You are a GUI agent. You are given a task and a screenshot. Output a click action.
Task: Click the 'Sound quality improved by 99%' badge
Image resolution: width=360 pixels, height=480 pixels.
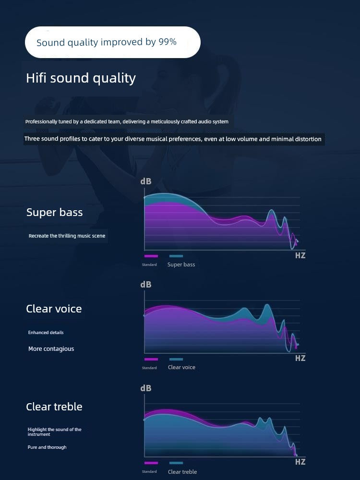(x=112, y=42)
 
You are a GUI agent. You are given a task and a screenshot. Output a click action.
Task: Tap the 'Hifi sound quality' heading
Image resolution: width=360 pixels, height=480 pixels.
(x=81, y=78)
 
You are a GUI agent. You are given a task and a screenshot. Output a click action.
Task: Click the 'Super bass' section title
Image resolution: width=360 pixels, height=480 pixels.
(x=54, y=212)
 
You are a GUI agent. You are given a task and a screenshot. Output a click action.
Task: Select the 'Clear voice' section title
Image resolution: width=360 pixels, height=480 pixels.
(x=54, y=309)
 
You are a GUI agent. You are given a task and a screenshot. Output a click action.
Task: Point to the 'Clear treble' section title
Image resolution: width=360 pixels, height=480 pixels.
(x=54, y=407)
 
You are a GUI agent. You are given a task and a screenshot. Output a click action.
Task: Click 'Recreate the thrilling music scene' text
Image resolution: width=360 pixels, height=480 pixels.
(x=67, y=236)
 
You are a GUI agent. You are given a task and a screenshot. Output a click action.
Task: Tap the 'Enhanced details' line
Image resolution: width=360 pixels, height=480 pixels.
(x=46, y=332)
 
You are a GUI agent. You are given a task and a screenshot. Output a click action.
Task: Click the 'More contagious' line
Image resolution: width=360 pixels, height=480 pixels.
(x=51, y=349)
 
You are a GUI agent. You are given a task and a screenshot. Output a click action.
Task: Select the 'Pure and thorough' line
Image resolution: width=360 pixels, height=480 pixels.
(x=47, y=447)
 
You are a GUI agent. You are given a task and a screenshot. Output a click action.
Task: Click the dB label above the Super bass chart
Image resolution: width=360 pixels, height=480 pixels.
(x=146, y=181)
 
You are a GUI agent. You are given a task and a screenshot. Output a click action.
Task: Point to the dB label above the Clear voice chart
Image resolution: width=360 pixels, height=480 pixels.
(x=146, y=285)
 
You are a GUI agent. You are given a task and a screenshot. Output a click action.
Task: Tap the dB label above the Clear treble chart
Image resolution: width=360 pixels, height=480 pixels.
(x=146, y=388)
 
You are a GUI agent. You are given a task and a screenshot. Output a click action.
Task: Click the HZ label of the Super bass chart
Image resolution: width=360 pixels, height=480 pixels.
(x=300, y=255)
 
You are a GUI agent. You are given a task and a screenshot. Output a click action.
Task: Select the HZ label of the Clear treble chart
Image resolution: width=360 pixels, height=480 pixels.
(x=300, y=462)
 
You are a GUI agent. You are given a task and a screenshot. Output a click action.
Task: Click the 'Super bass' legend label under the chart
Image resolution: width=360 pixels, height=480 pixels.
(x=181, y=264)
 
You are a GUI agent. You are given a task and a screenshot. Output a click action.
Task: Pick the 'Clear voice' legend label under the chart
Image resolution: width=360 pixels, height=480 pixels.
(x=181, y=367)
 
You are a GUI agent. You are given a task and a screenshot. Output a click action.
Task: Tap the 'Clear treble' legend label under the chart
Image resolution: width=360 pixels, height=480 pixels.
(x=182, y=472)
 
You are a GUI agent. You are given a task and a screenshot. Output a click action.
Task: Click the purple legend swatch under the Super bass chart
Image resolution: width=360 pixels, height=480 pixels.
(x=151, y=256)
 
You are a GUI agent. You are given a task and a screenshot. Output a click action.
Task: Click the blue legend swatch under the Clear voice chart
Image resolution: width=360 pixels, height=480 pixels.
(x=176, y=359)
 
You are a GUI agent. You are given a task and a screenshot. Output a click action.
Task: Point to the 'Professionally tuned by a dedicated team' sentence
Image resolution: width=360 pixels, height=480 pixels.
(x=127, y=121)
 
